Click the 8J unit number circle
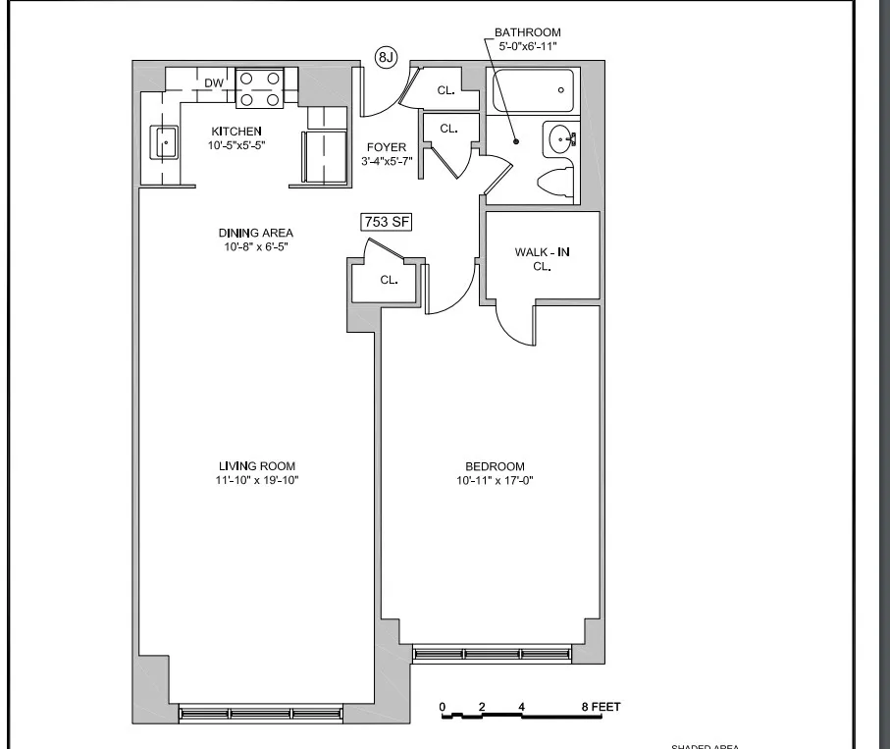(386, 59)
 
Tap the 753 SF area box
(387, 222)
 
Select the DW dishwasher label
(214, 82)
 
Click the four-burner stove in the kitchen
(260, 87)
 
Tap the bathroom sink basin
(561, 138)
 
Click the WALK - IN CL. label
(542, 259)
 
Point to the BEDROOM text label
(495, 466)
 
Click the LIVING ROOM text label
(257, 466)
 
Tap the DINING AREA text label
(256, 233)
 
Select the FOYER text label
(386, 147)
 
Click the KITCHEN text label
(236, 131)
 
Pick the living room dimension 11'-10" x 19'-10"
(257, 480)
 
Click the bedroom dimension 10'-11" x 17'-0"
(495, 480)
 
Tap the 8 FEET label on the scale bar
(601, 707)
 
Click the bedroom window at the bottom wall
(493, 654)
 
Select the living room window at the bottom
(260, 713)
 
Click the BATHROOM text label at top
(528, 32)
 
